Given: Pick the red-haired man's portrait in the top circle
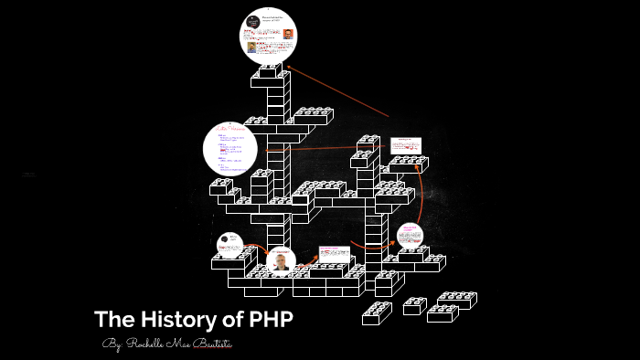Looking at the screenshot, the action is [x=288, y=34].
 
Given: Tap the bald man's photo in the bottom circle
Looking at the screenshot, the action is [x=281, y=263].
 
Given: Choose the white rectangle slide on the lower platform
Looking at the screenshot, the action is [x=333, y=254].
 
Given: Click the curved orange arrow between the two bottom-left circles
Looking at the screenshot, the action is [x=256, y=248].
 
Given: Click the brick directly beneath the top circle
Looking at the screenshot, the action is [x=270, y=71].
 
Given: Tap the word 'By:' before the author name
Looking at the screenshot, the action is [x=112, y=344].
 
